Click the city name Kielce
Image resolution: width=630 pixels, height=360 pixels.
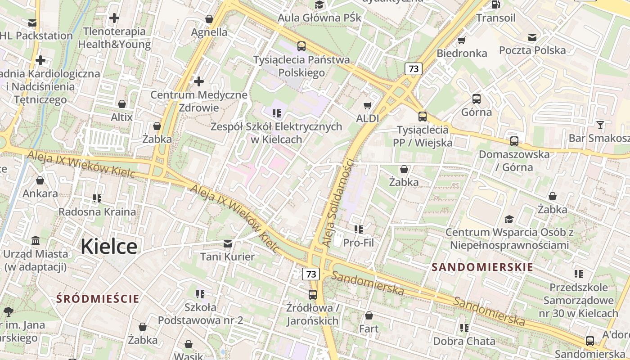click(109, 247)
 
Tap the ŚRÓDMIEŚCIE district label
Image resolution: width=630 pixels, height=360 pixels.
click(98, 298)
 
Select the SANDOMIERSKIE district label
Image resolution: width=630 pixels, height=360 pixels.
click(482, 267)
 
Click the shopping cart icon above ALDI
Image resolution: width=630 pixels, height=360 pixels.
click(368, 105)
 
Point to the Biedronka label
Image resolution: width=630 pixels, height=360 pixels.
click(462, 53)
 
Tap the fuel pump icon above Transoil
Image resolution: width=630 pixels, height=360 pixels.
click(495, 5)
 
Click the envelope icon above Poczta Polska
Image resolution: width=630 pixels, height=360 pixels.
click(532, 37)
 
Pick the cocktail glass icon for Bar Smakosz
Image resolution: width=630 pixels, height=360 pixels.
click(600, 125)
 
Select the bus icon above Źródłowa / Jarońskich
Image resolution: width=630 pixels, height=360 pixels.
click(312, 295)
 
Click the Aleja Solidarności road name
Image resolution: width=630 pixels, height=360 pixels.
click(339, 202)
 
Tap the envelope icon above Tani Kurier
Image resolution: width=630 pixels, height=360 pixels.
click(228, 243)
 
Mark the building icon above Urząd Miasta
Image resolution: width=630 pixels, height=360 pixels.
click(36, 240)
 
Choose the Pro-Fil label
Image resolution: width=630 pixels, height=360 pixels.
click(358, 243)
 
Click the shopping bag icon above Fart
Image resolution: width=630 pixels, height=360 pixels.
click(369, 315)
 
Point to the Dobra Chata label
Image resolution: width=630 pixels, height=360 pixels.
click(464, 341)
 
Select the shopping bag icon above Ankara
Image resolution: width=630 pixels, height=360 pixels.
click(40, 180)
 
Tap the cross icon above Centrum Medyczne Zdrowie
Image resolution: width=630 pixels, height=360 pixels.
click(199, 81)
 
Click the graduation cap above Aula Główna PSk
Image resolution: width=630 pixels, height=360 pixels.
click(319, 5)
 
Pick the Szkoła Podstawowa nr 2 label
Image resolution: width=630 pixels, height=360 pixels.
click(200, 314)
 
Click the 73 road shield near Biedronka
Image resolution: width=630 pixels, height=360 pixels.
click(414, 69)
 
